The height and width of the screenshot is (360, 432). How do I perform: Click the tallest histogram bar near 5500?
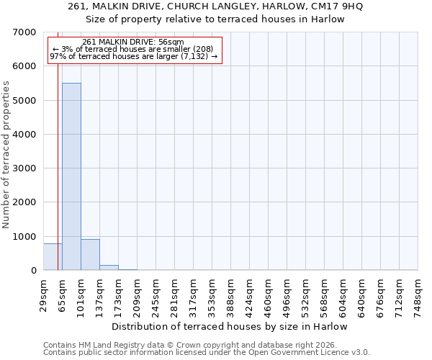(71, 176)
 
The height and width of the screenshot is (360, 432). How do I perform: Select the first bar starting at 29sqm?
(52, 257)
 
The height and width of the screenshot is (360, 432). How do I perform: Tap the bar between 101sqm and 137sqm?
(90, 255)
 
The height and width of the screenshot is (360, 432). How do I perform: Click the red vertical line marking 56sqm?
(58, 158)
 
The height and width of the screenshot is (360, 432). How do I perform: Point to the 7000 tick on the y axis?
(26, 32)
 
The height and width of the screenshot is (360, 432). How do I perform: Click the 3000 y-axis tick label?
(26, 168)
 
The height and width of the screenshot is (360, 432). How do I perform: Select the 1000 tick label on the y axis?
(26, 237)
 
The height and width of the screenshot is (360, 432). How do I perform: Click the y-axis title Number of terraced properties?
(6, 155)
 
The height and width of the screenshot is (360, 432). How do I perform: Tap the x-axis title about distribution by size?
(230, 326)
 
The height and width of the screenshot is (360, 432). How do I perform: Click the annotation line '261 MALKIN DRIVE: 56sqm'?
(133, 42)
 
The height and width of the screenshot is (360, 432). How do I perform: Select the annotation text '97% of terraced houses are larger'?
(133, 56)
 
